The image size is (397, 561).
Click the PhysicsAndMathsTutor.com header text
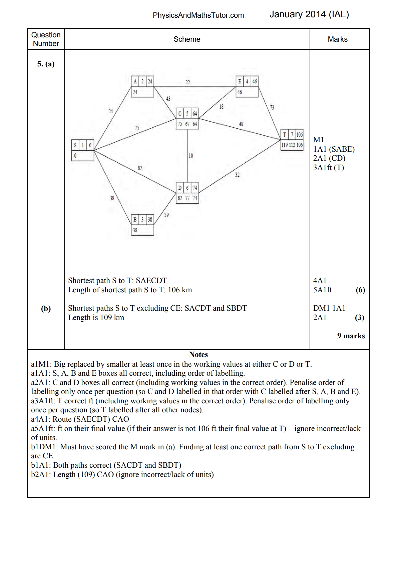tap(198, 15)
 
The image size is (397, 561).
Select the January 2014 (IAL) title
tap(309, 14)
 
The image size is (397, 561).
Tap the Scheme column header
tap(187, 39)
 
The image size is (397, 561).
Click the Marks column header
tap(337, 39)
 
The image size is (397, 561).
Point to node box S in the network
tap(83, 150)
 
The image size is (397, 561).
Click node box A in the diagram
tap(142, 87)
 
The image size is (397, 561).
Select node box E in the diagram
tap(247, 87)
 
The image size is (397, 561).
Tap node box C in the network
tap(187, 119)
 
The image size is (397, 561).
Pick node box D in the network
tap(187, 193)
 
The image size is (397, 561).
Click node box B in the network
tap(142, 225)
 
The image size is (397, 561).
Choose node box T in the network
tap(292, 140)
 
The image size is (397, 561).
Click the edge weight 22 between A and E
tap(188, 82)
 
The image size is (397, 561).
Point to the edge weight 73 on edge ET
tap(272, 108)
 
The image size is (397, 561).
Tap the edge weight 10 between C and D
tap(191, 156)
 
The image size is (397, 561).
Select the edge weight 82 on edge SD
tap(140, 168)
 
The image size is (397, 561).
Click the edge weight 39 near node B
tap(166, 215)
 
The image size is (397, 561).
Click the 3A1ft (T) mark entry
tap(328, 167)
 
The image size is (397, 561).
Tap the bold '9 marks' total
tap(351, 336)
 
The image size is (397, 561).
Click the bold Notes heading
tap(198, 354)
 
